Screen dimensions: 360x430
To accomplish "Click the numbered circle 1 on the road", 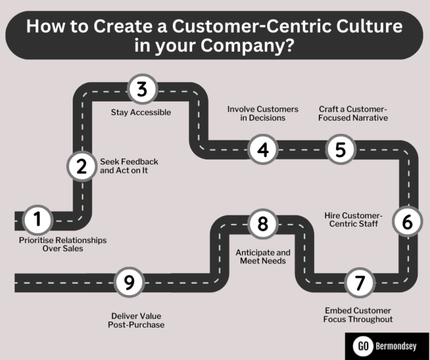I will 38,220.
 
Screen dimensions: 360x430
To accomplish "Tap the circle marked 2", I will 82,167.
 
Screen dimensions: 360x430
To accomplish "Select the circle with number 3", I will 142,90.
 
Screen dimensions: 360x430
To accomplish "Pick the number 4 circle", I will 263,149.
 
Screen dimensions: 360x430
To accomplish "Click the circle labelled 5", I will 341,149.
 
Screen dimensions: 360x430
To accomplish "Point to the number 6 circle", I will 407,222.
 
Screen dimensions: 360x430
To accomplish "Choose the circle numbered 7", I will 360,283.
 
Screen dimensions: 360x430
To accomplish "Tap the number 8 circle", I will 262,224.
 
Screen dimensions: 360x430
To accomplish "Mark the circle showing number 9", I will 130,282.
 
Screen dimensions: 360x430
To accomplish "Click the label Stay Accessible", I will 141,112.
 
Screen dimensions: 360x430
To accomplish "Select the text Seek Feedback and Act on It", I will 129,166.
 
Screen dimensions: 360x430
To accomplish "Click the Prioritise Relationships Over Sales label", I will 62,244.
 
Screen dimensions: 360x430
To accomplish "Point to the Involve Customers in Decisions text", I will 262,113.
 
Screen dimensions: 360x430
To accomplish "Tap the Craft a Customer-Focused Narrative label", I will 353,113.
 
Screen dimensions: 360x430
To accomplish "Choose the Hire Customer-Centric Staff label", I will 353,220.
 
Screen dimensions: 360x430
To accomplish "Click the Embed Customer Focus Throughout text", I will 358,315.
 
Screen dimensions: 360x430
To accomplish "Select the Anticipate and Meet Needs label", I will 262,257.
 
